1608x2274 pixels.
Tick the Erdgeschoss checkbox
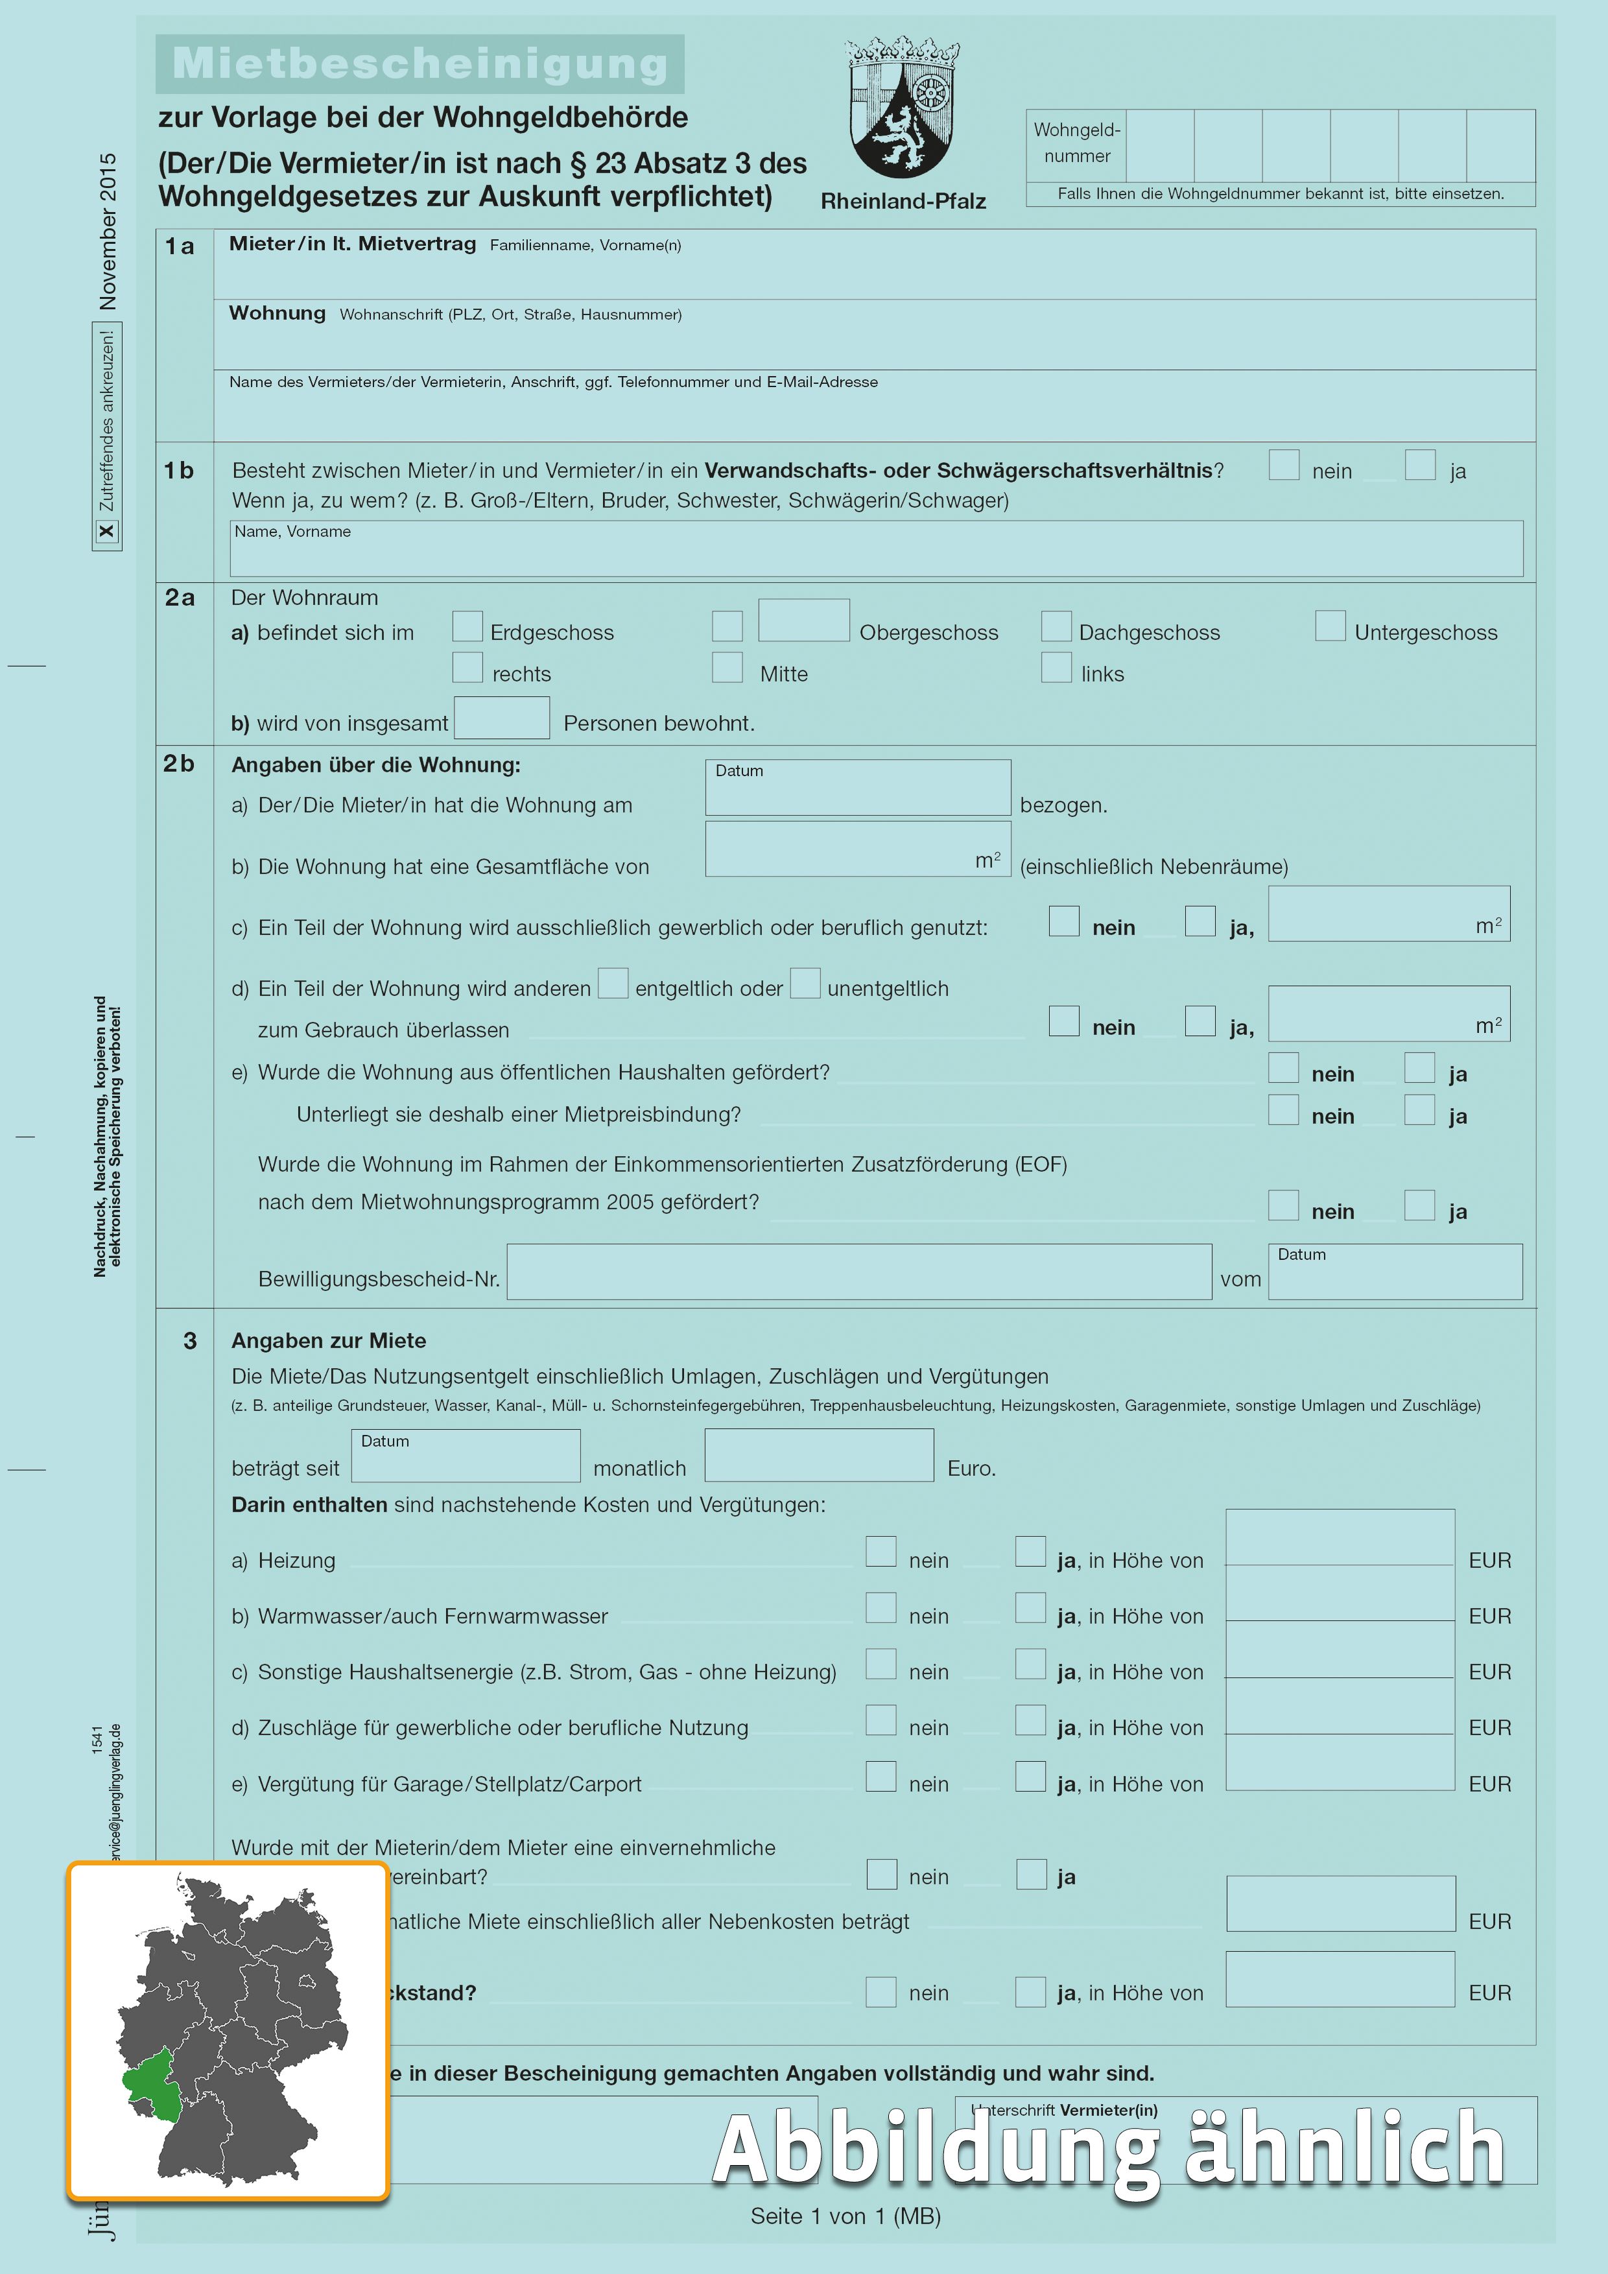[467, 626]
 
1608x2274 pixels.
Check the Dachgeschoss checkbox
[1056, 626]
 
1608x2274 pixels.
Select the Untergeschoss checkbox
[1330, 626]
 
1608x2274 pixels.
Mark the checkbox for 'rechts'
[467, 667]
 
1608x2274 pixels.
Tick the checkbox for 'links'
[1056, 667]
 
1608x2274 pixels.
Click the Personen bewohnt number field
[501, 718]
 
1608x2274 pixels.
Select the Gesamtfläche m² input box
[857, 850]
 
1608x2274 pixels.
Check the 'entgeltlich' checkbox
[613, 984]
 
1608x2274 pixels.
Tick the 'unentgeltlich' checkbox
[805, 984]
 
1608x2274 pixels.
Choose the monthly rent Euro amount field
[819, 1455]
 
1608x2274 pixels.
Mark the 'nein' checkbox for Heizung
[881, 1552]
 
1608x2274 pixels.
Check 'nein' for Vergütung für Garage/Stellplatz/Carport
[881, 1776]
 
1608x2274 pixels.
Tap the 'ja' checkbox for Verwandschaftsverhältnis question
[1420, 464]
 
